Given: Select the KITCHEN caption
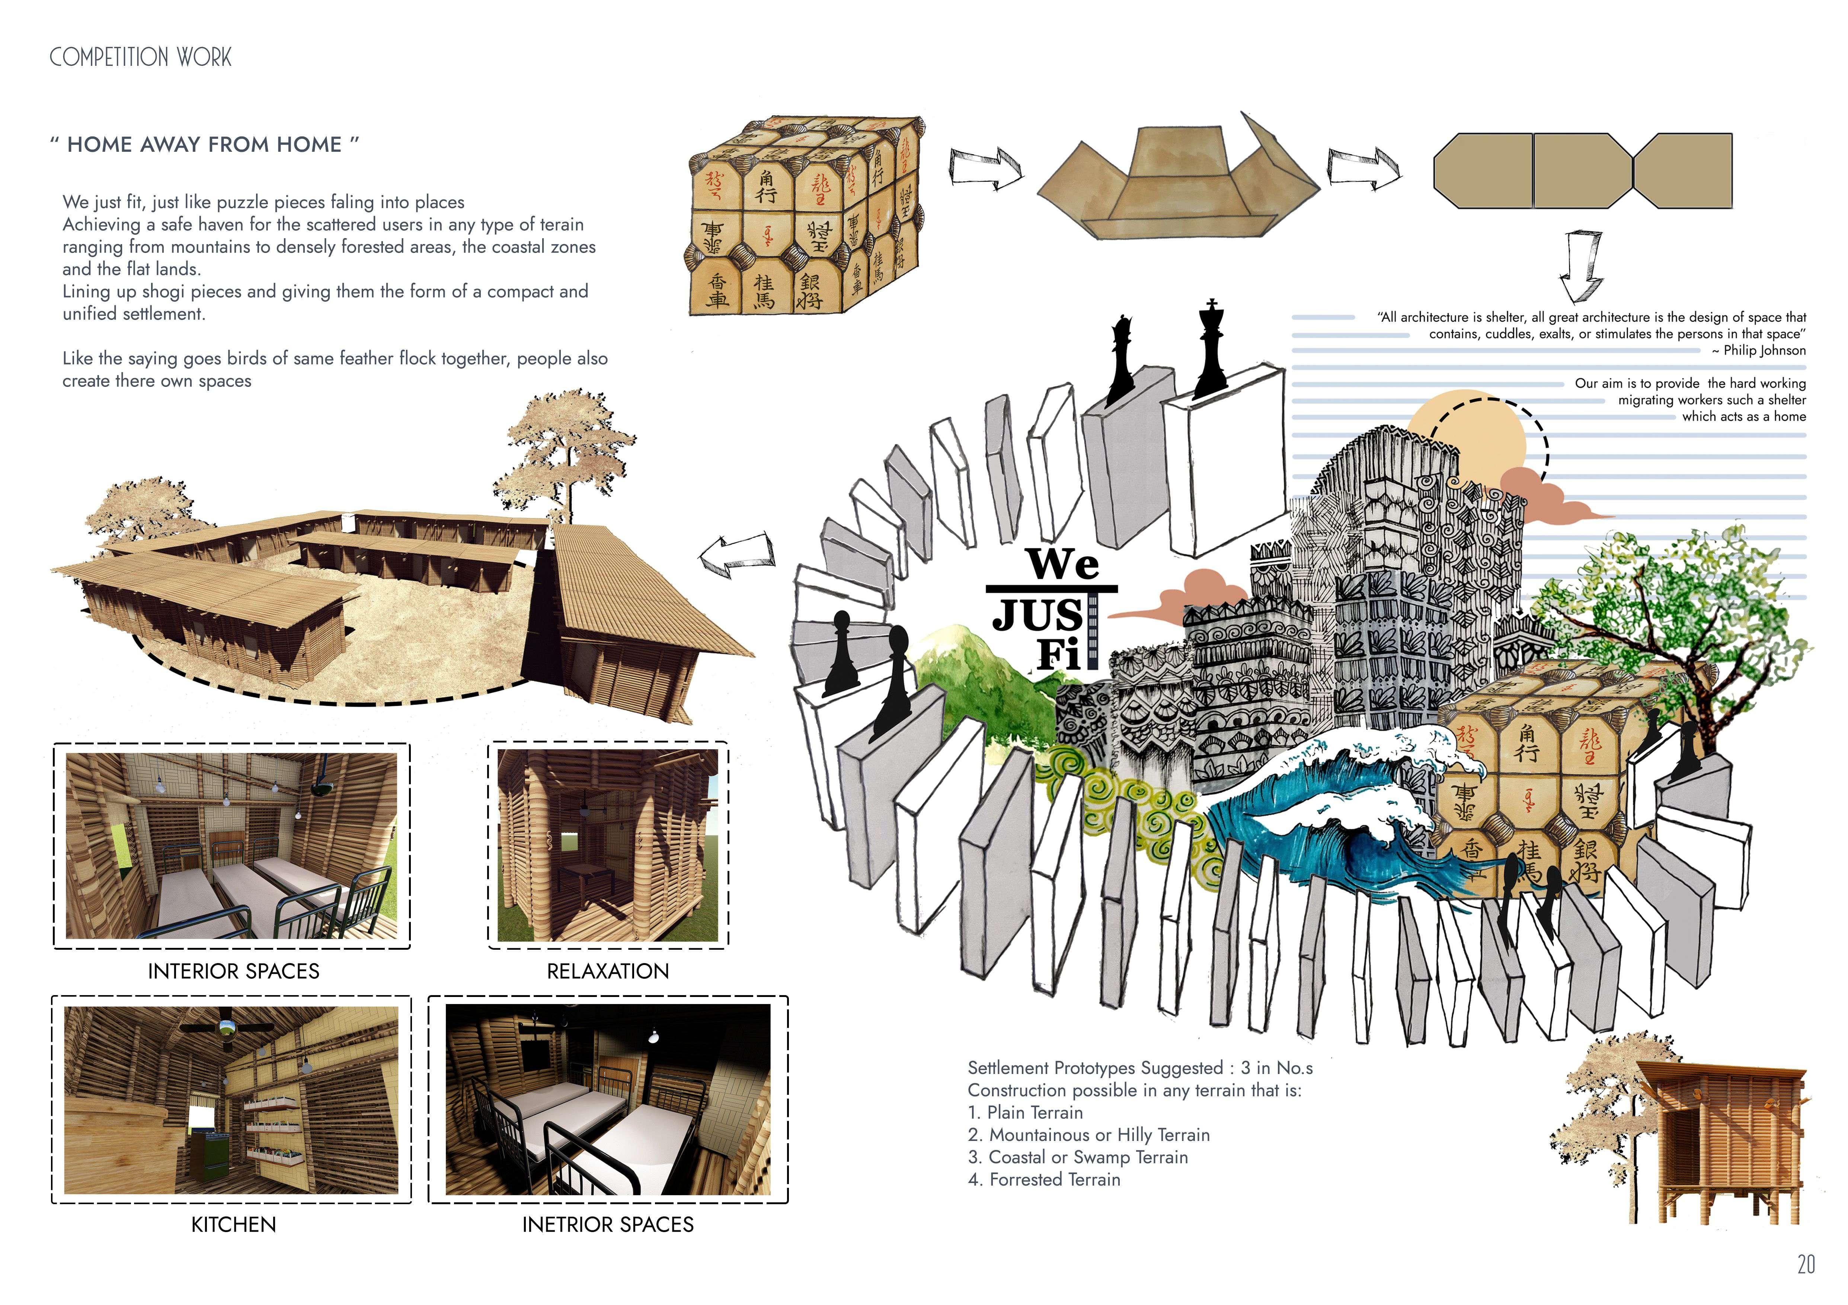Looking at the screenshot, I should click(233, 1225).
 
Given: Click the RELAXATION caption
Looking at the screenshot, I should click(608, 971).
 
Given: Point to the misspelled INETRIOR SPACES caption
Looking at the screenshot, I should click(608, 1225).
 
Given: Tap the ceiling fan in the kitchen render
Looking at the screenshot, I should click(227, 1026).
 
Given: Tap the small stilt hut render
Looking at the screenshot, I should click(1723, 1134).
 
